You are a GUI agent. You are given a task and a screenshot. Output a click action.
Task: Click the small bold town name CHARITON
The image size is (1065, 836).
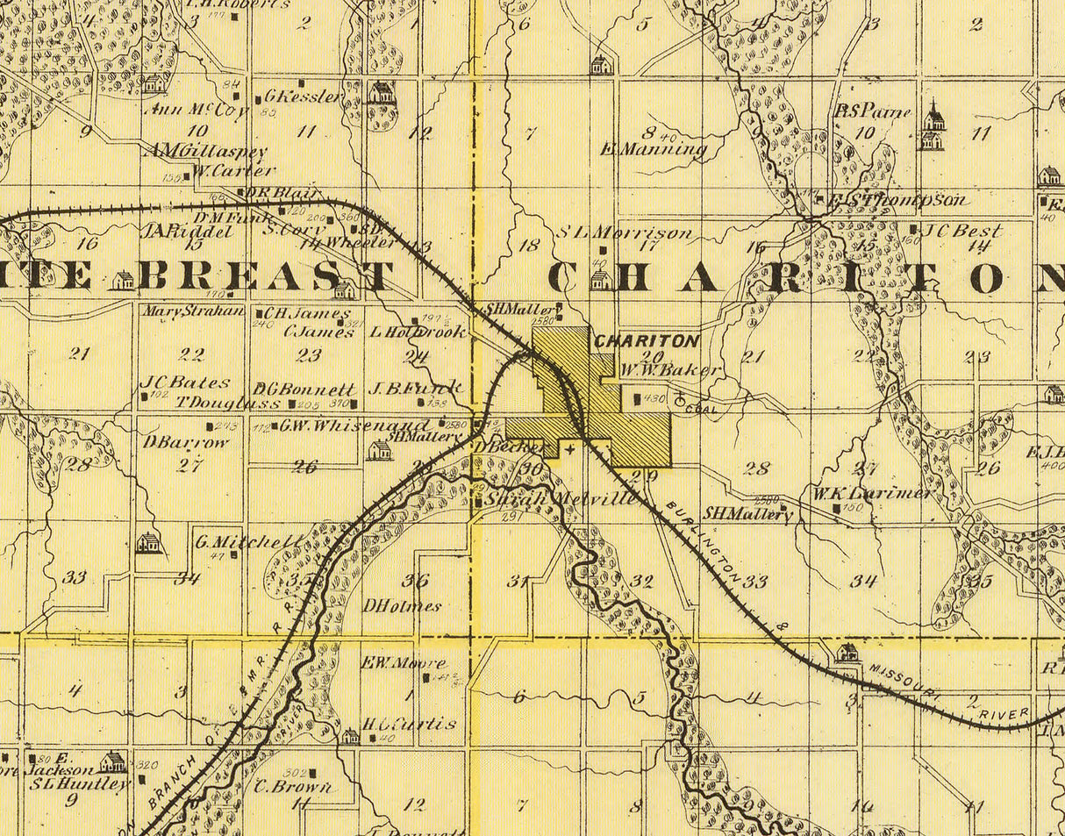(647, 340)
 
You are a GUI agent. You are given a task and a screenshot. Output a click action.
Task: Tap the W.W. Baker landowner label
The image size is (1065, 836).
(671, 370)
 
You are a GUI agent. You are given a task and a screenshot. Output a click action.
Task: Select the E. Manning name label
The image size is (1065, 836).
(654, 149)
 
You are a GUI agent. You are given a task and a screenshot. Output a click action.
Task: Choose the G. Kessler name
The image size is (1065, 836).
(302, 96)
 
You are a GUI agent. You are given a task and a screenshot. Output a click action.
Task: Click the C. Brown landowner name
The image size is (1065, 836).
(294, 787)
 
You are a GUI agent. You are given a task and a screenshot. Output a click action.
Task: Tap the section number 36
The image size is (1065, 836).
(415, 580)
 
